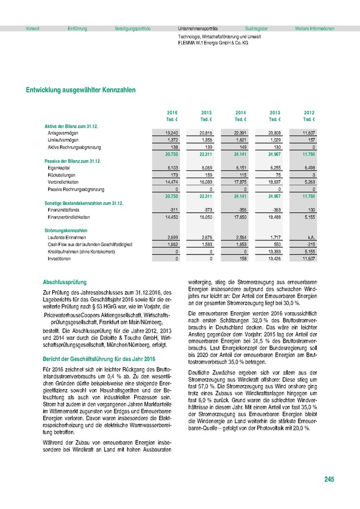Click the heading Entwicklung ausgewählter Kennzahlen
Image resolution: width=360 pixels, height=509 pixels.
coord(80,90)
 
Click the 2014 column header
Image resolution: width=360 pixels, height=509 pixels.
coord(241,113)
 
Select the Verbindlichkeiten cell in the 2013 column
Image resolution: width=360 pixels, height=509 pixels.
coord(274,183)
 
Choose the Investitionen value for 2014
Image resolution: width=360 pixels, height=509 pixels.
coord(241,258)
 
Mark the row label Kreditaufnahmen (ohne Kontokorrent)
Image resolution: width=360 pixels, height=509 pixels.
coord(81,251)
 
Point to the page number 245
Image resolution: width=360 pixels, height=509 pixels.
coord(329,480)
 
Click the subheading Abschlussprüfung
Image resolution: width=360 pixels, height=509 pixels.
coord(66,281)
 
